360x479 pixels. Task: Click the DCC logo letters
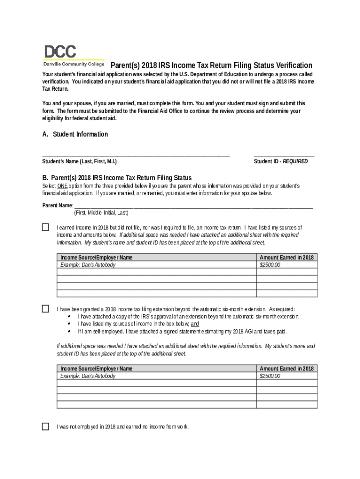(60, 51)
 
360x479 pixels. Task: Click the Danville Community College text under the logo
(74, 64)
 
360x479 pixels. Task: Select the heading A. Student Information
(75, 134)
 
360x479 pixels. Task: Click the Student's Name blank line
(136, 154)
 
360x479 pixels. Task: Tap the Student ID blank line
(284, 154)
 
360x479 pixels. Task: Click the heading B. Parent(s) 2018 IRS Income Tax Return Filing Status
(117, 178)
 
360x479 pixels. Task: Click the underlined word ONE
(63, 186)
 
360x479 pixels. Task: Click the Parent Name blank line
(193, 205)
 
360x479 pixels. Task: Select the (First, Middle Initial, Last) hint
(101, 212)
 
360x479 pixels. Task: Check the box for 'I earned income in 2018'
(45, 227)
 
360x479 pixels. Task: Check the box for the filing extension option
(45, 309)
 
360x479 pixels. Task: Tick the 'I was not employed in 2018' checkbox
(45, 426)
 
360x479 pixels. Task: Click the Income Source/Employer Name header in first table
(96, 257)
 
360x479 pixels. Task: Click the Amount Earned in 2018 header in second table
(287, 369)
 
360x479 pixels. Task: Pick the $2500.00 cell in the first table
(270, 265)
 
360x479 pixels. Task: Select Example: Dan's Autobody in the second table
(88, 376)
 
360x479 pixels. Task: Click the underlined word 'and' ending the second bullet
(195, 324)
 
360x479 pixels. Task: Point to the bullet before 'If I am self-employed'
(69, 331)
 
